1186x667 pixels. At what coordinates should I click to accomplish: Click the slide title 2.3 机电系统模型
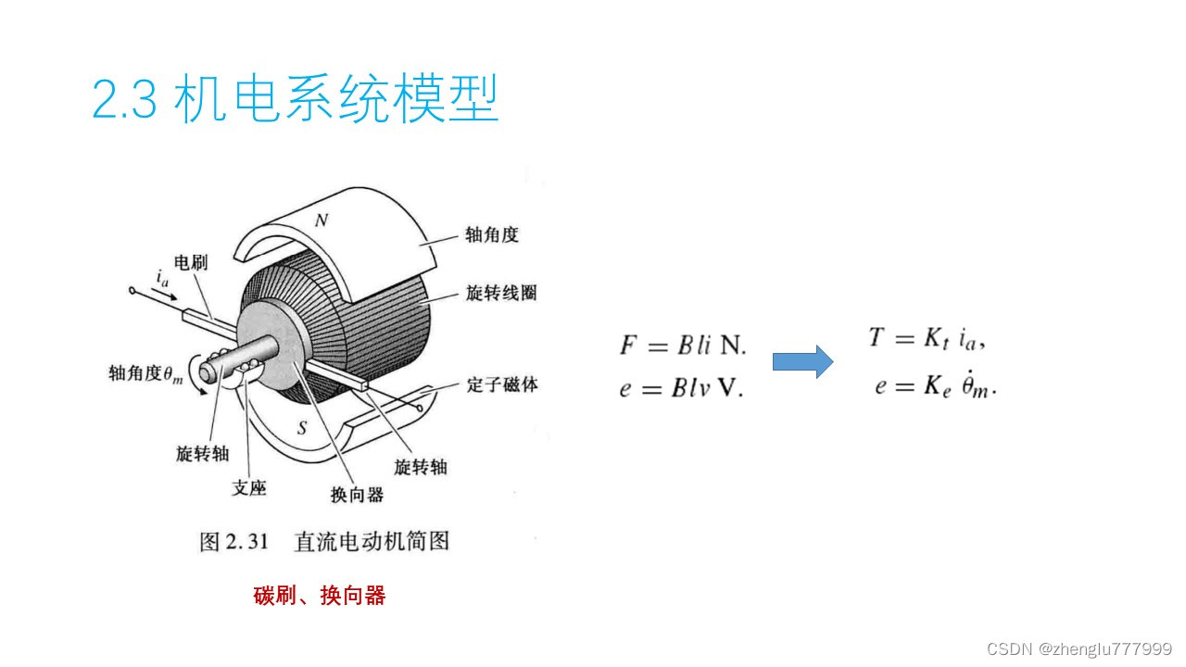click(x=296, y=99)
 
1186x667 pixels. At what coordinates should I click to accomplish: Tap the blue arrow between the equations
click(x=802, y=361)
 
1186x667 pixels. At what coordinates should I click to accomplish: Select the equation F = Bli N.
click(x=682, y=345)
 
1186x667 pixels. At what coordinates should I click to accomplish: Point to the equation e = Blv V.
click(x=681, y=388)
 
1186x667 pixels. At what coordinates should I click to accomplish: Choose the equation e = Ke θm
click(x=934, y=386)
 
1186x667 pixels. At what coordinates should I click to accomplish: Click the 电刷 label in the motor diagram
click(x=191, y=263)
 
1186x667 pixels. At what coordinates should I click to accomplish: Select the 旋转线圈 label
click(x=500, y=294)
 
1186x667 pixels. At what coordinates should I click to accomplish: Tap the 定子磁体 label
click(x=501, y=384)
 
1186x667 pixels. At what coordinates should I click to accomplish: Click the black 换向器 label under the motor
click(x=356, y=495)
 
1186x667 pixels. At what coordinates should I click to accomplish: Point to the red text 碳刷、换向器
click(x=319, y=596)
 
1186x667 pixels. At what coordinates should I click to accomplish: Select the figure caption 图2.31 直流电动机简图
click(x=324, y=541)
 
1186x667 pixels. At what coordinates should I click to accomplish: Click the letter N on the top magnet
click(x=322, y=220)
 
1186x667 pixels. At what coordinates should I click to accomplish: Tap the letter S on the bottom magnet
click(x=301, y=428)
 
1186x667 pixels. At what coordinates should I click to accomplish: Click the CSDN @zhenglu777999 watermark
click(x=1079, y=648)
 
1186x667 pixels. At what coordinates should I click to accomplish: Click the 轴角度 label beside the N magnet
click(x=492, y=234)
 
